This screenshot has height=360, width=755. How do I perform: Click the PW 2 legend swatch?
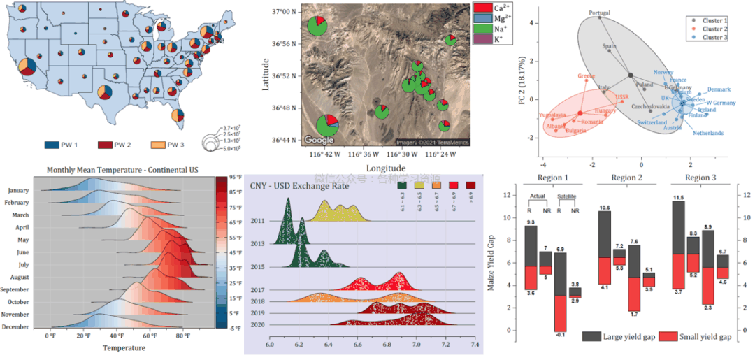tap(104, 145)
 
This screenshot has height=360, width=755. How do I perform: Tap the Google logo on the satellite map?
tap(319, 139)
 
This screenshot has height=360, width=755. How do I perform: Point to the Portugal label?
tap(599, 13)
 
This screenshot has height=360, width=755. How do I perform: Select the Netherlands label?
tap(708, 133)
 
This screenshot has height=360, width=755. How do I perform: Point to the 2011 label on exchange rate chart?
tap(257, 221)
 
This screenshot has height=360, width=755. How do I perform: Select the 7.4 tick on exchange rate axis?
tap(475, 345)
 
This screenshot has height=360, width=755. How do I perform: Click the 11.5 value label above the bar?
tap(677, 198)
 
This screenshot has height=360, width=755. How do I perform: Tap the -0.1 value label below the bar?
tap(559, 335)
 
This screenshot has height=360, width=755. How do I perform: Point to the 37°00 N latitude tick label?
tap(285, 12)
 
